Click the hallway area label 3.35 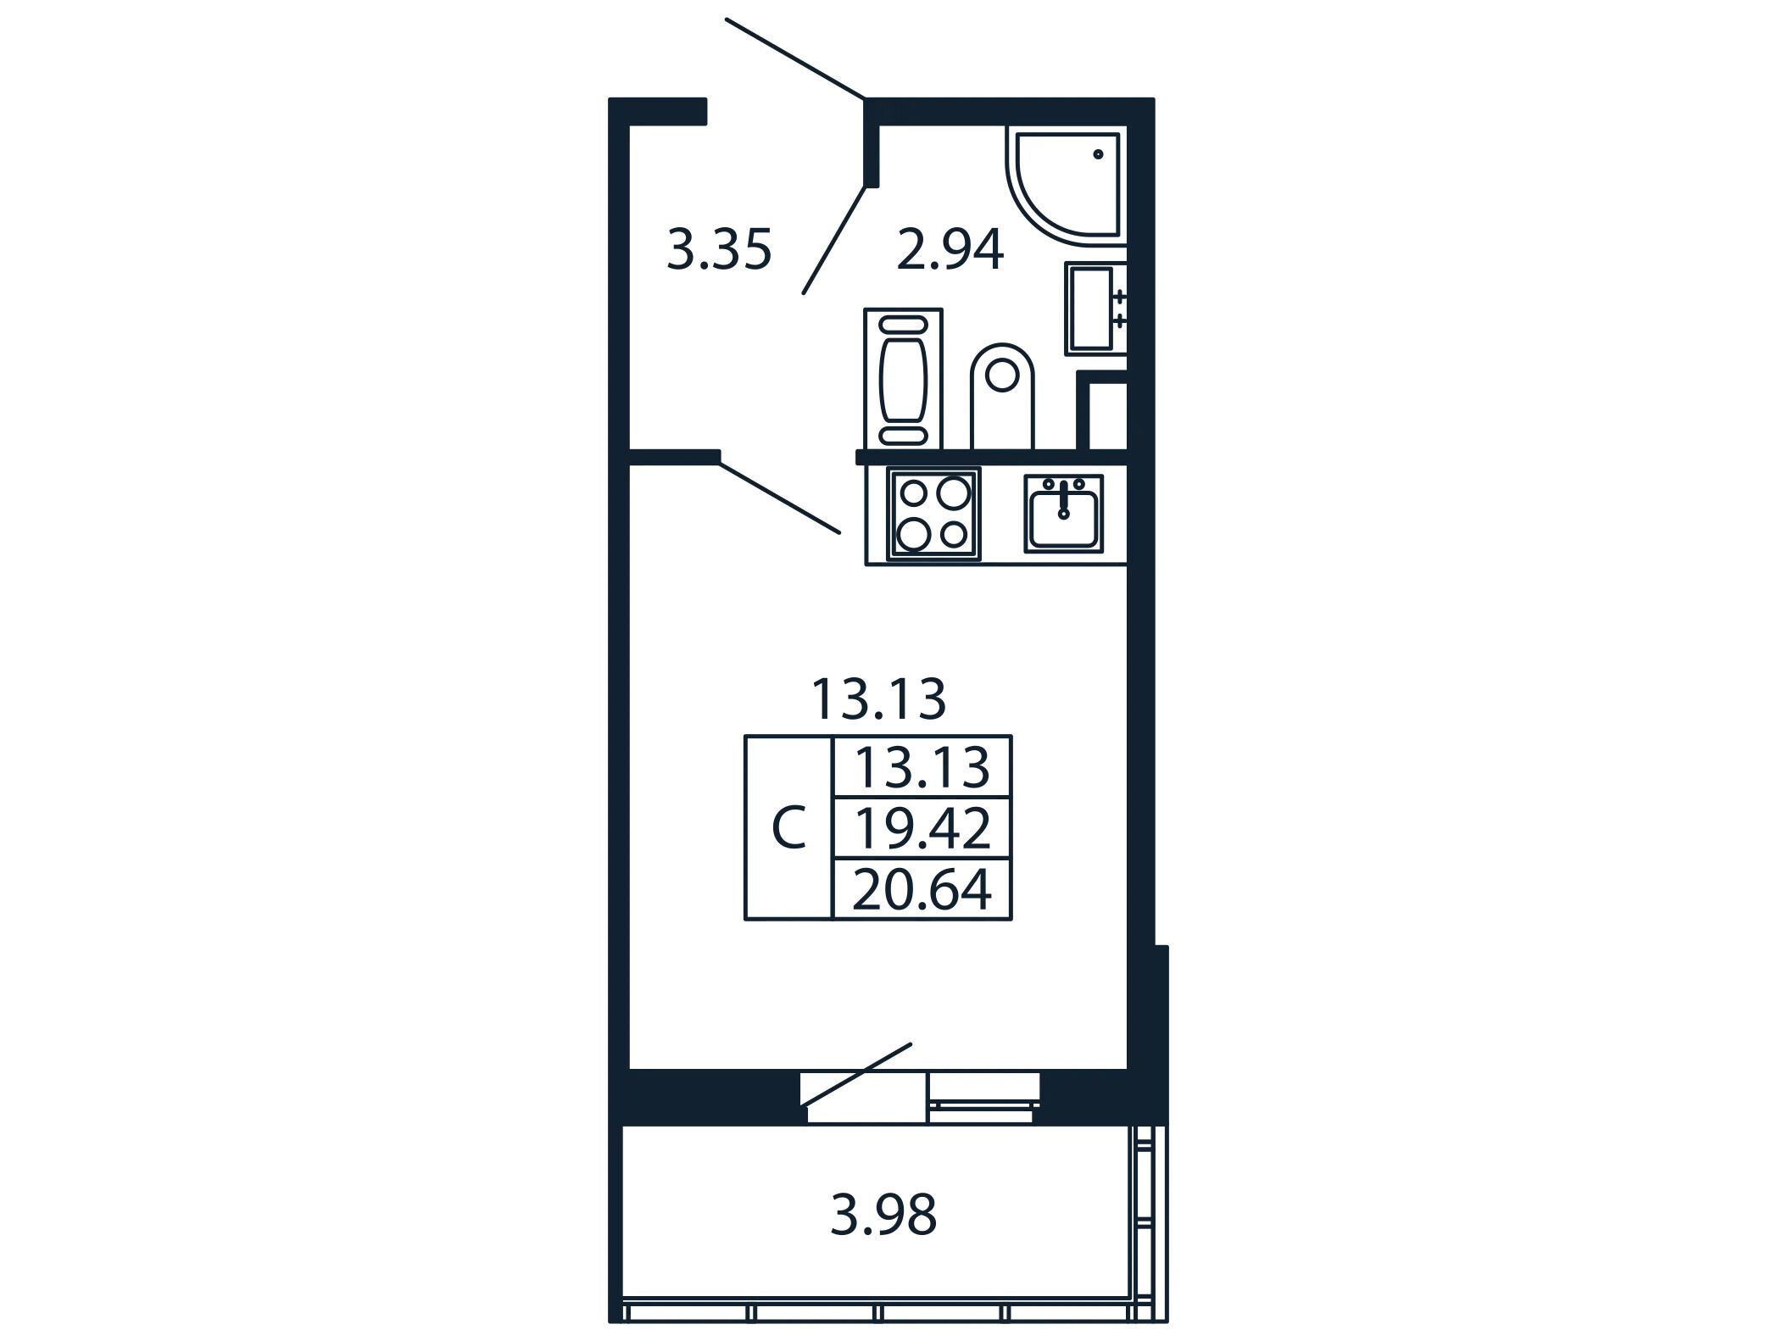click(719, 250)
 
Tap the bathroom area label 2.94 click(950, 250)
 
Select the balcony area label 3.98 click(883, 1215)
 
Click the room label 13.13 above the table click(878, 699)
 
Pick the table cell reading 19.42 click(922, 828)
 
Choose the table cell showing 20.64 click(922, 890)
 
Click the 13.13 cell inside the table click(922, 767)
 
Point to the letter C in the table click(788, 828)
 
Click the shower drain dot click(1098, 155)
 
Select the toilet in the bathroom click(1003, 396)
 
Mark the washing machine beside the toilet click(903, 379)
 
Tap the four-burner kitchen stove click(933, 514)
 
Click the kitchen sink click(1063, 514)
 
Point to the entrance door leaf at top click(795, 58)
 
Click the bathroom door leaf click(836, 239)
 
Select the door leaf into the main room click(780, 498)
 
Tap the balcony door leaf click(856, 1074)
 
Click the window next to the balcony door click(983, 1098)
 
